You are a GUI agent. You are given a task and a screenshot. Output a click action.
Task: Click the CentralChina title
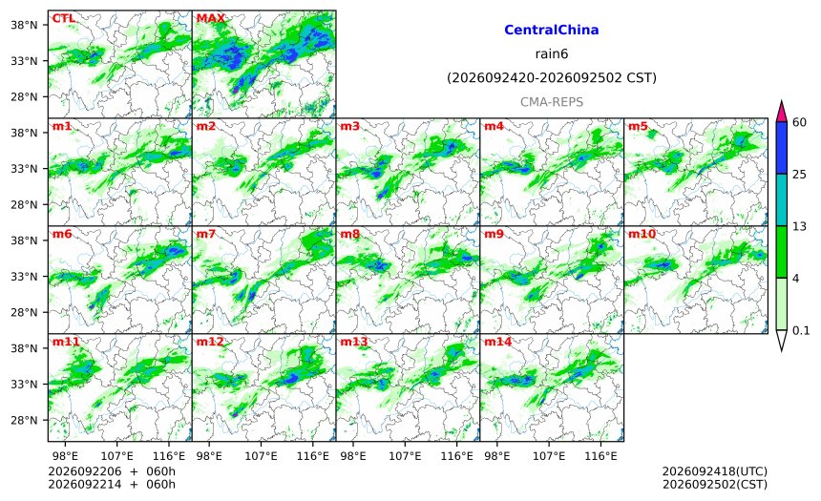click(552, 30)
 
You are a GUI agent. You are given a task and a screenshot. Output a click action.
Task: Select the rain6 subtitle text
click(552, 54)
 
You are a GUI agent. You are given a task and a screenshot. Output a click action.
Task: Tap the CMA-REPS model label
click(552, 102)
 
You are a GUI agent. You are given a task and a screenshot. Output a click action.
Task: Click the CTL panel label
click(63, 18)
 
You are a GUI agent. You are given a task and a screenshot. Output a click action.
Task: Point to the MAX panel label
click(210, 18)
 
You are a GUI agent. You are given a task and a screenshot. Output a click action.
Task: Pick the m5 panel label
click(638, 126)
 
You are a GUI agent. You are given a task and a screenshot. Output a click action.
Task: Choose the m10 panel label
click(642, 234)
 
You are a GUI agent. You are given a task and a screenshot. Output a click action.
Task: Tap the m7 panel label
click(206, 234)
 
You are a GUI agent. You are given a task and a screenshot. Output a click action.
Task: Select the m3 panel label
click(349, 126)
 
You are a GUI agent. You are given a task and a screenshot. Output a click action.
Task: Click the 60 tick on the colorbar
click(800, 122)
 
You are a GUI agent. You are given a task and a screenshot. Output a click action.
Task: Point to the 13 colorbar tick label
click(800, 226)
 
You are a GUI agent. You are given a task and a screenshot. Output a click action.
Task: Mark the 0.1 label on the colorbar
click(801, 330)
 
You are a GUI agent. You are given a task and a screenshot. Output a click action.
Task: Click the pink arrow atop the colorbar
click(782, 112)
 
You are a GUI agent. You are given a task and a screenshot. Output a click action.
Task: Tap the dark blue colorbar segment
click(782, 148)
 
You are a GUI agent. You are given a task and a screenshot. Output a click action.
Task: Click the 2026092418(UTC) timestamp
click(715, 471)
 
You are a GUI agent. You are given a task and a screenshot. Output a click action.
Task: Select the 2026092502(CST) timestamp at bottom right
click(715, 484)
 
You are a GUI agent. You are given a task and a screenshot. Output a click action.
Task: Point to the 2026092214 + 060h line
click(112, 484)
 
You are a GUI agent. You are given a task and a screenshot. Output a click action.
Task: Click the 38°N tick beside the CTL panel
click(24, 25)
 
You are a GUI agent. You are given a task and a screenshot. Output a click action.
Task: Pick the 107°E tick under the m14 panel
click(549, 456)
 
